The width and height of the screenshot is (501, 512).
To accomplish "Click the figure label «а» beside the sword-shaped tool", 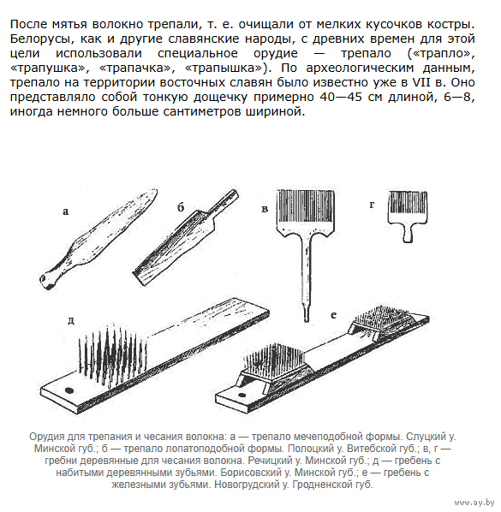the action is (x=66, y=212).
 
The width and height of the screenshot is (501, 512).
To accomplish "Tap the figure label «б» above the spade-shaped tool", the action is (x=181, y=207).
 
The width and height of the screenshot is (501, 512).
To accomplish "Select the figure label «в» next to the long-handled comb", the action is (x=265, y=209).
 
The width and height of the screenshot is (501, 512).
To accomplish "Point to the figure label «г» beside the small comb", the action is (x=372, y=205).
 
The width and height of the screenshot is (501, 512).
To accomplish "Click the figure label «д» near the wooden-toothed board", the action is (x=71, y=321).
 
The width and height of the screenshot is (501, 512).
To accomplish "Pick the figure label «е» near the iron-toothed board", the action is (x=333, y=315).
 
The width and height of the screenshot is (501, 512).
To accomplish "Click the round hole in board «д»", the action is (x=69, y=390).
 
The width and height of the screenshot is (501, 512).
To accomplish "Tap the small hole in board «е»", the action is (x=242, y=396).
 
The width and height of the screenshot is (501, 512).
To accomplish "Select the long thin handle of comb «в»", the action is (x=307, y=277).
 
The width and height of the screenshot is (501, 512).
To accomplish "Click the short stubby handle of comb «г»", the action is (x=408, y=234).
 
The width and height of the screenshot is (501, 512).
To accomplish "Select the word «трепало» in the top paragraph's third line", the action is (x=367, y=53).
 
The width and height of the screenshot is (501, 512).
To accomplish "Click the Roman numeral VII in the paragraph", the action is (x=421, y=82).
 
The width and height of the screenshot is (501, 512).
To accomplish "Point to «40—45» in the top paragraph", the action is (x=341, y=97).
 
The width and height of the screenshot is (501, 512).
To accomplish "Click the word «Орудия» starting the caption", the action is (x=48, y=437).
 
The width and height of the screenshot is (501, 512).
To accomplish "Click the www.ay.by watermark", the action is (x=474, y=503).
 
